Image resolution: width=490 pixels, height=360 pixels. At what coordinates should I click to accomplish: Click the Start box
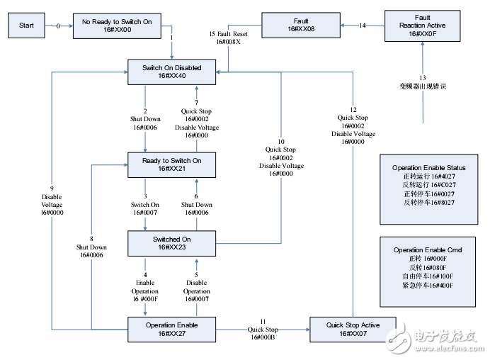click(x=27, y=26)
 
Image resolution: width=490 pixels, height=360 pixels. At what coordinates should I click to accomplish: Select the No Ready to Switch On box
click(x=117, y=26)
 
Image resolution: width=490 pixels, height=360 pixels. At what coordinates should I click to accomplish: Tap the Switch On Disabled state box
click(x=171, y=72)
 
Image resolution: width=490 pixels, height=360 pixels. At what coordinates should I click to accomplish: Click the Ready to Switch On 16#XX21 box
click(x=171, y=165)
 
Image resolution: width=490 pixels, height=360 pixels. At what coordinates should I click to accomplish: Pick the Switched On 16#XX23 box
click(x=171, y=243)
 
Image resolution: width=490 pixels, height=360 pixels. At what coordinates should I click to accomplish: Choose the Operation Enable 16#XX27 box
click(x=171, y=330)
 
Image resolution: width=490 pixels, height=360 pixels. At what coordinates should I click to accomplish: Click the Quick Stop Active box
click(x=353, y=330)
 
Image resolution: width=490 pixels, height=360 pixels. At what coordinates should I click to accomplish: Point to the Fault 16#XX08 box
click(x=301, y=25)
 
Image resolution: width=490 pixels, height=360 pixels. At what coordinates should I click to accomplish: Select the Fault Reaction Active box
click(x=423, y=26)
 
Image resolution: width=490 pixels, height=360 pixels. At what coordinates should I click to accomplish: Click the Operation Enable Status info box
click(x=429, y=189)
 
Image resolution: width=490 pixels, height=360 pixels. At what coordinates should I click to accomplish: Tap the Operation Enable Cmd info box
click(x=428, y=272)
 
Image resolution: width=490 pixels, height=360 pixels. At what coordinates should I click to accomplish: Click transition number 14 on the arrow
click(x=363, y=26)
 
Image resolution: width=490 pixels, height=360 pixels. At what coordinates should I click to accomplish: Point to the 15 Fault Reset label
click(x=229, y=34)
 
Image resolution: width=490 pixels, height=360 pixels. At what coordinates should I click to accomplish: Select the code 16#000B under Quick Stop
click(x=263, y=337)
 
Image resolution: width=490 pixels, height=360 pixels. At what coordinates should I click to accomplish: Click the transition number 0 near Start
click(x=58, y=26)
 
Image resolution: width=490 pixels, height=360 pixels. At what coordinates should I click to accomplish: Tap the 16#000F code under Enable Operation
click(x=145, y=299)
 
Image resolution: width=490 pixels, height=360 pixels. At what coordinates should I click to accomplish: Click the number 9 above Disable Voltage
click(x=52, y=188)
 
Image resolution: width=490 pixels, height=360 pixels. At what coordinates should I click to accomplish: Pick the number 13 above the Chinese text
click(x=423, y=77)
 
